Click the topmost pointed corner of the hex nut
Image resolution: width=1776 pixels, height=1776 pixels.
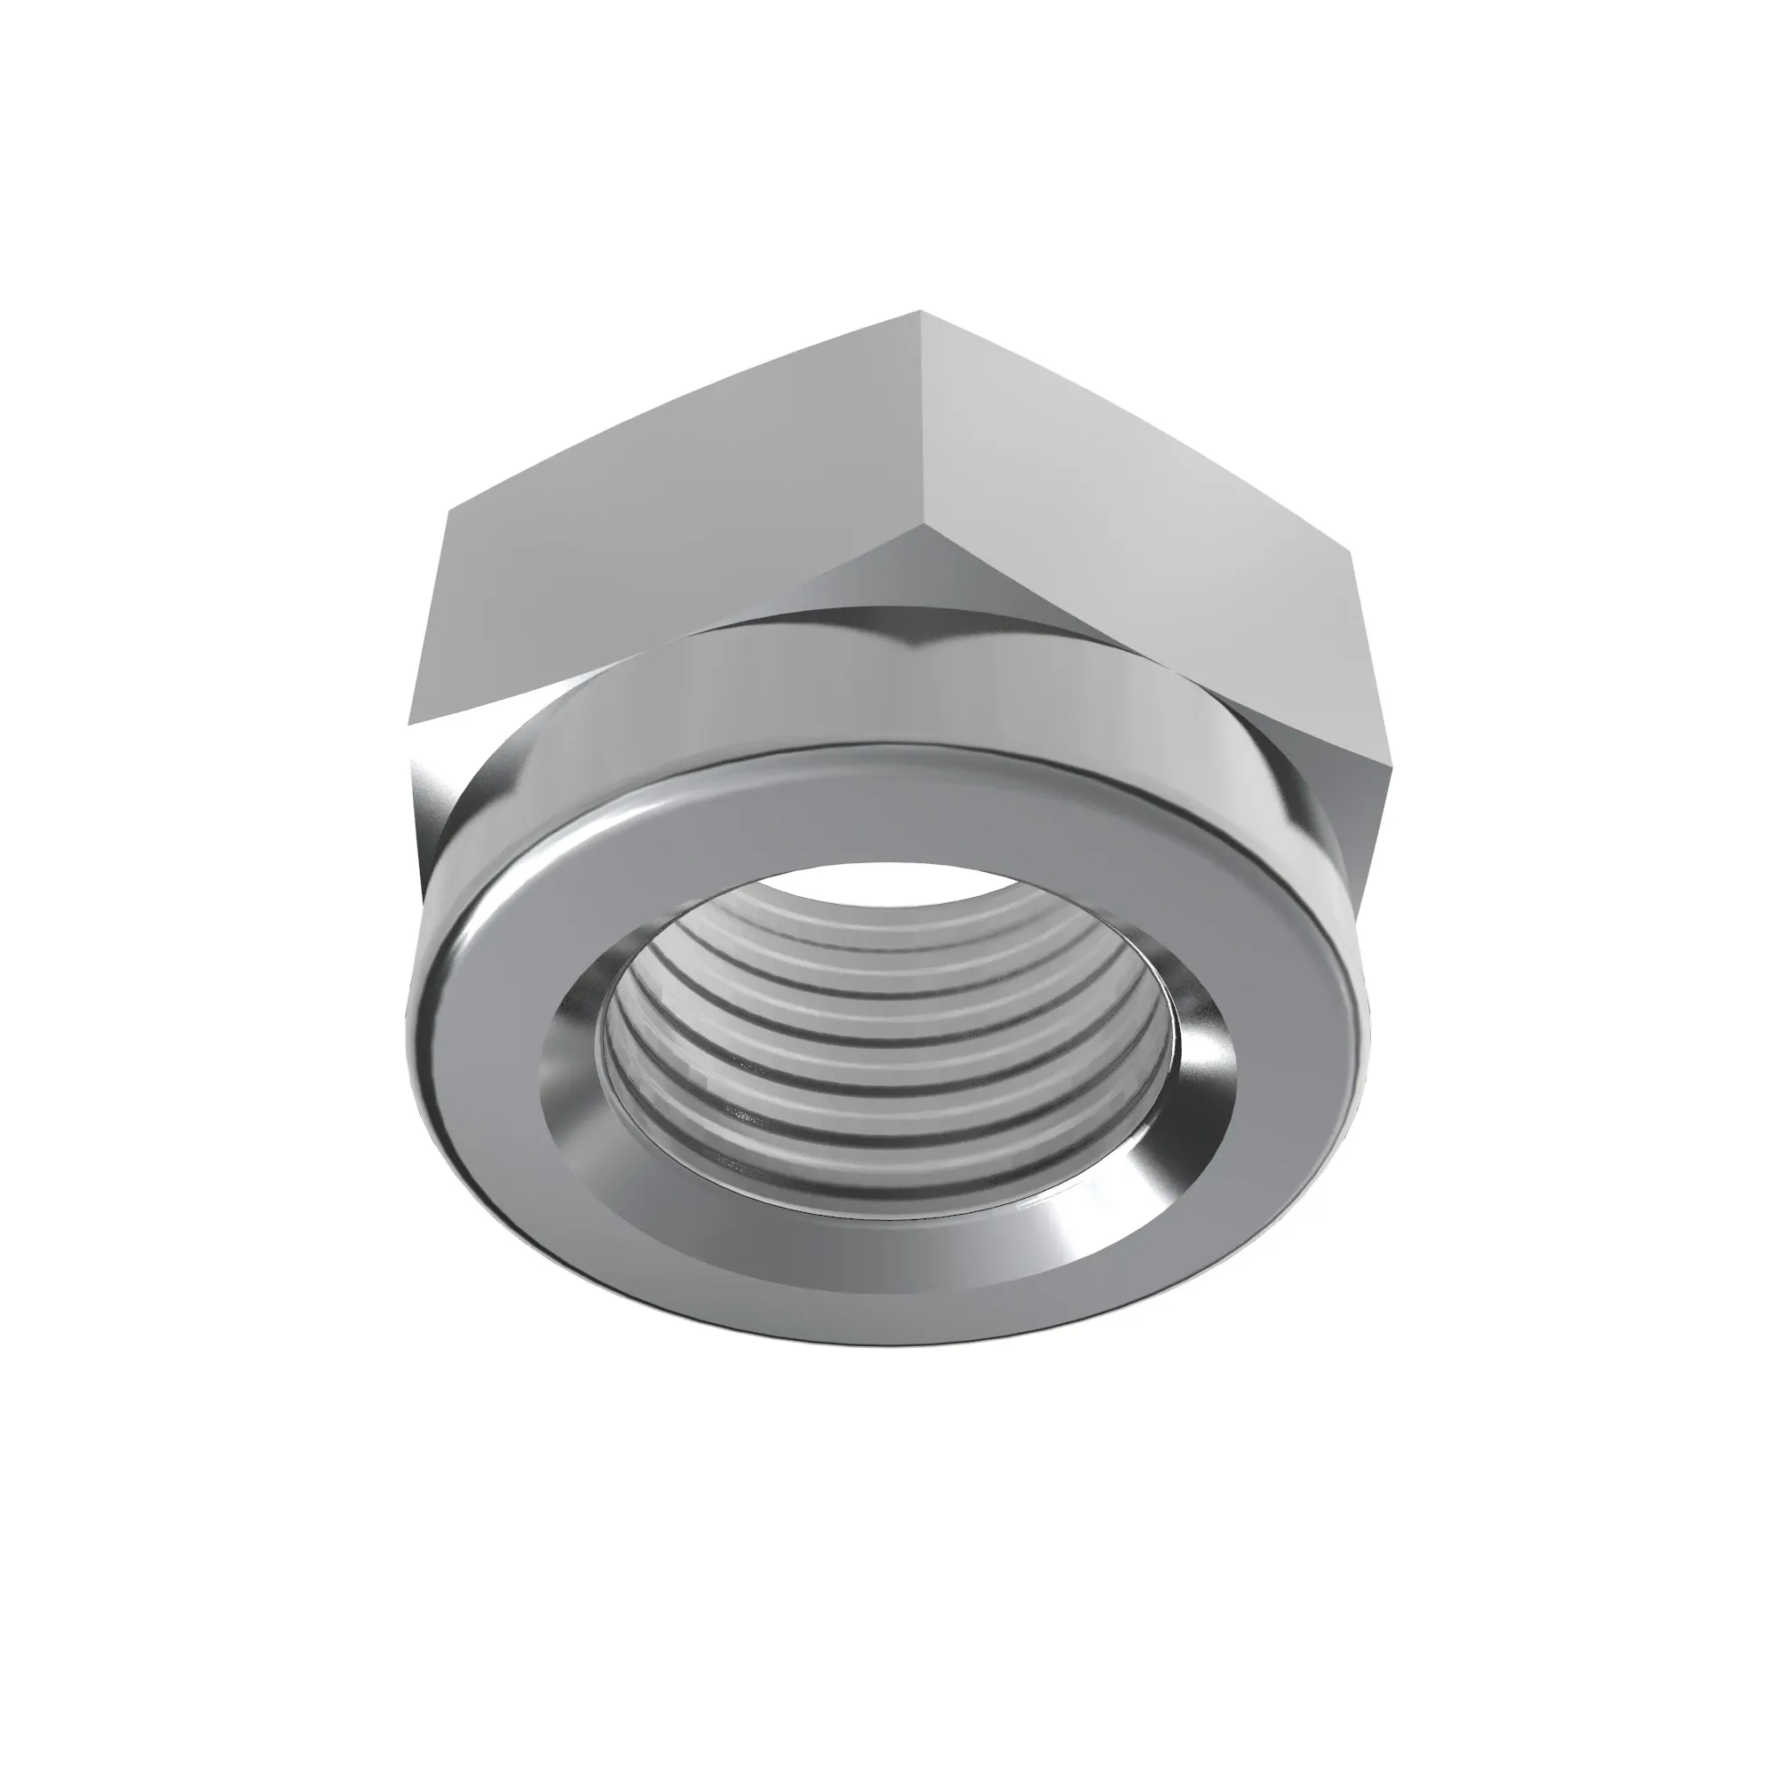921,313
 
